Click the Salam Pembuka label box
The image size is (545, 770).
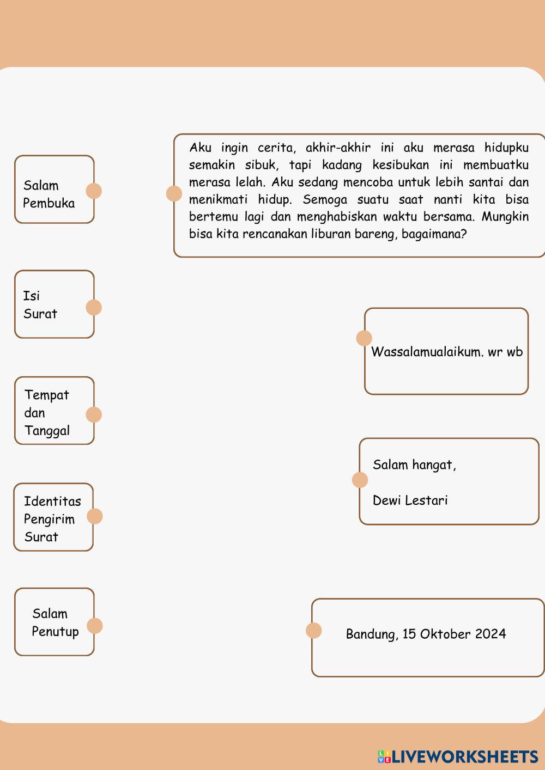pos(54,190)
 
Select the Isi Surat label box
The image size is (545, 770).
pos(54,304)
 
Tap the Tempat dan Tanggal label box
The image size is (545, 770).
pos(54,411)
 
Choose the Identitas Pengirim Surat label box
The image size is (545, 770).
pos(53,517)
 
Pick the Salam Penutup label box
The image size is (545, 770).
pos(54,622)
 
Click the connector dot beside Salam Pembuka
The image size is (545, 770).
pos(94,191)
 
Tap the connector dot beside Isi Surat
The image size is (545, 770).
pos(94,308)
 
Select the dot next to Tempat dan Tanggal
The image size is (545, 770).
pos(94,415)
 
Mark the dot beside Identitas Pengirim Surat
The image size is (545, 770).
pos(95,516)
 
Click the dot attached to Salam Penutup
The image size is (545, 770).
pos(95,626)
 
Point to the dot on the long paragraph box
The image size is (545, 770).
pos(174,193)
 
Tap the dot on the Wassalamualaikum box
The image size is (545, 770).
pos(364,338)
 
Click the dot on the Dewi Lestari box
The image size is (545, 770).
pos(360,480)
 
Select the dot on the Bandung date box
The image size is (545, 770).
pos(313,631)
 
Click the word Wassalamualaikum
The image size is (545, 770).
pos(427,352)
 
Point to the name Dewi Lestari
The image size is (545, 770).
pos(410,500)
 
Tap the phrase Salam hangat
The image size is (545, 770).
pos(414,465)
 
